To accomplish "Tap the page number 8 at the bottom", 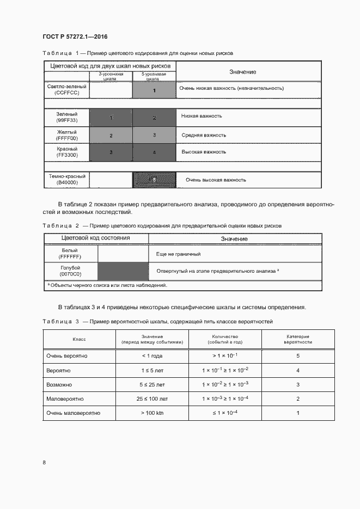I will tap(44, 462).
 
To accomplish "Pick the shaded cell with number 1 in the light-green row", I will tap(154, 90).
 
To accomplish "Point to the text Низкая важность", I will tap(202, 116).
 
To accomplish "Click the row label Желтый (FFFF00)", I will tap(67, 135).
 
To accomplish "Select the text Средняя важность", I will tap(204, 135).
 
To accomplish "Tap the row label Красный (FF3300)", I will tap(67, 152).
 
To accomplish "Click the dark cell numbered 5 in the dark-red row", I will tap(154, 180).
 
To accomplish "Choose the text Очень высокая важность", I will tap(216, 180).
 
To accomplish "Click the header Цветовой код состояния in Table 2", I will tap(95, 238).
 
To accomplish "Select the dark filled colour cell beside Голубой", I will tap(123, 271).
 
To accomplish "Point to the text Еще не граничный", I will tap(179, 254).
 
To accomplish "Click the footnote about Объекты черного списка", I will tap(107, 285).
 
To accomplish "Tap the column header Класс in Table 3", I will tap(79, 339).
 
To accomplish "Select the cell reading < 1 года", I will tap(152, 356).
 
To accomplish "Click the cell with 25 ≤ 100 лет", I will tap(152, 398).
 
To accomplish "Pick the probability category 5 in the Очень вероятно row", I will tap(298, 356).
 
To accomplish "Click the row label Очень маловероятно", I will tap(74, 413).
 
